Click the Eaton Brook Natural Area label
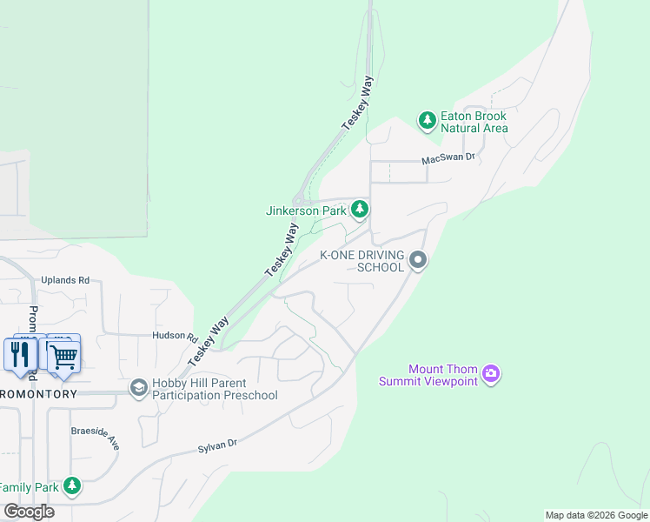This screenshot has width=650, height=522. coord(474,122)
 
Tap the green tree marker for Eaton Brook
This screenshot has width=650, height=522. coord(427,120)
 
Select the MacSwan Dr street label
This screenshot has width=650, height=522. coord(448,158)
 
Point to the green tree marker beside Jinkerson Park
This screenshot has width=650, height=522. coord(360,210)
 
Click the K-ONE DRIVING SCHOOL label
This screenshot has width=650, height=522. coord(362,261)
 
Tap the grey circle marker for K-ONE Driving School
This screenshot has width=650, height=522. coord(418,260)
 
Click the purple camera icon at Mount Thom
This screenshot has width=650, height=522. coord(492,374)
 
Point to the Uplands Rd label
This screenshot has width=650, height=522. coord(65,280)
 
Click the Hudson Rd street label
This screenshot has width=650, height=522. coord(169,336)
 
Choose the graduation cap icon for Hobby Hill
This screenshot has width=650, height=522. coord(138,386)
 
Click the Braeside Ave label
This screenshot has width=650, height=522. coord(96,437)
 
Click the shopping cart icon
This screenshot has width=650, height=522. coord(63,354)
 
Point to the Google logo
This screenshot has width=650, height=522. coord(30,512)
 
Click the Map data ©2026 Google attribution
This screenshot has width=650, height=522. coord(596,515)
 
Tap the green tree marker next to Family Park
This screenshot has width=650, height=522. coord(73,486)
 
